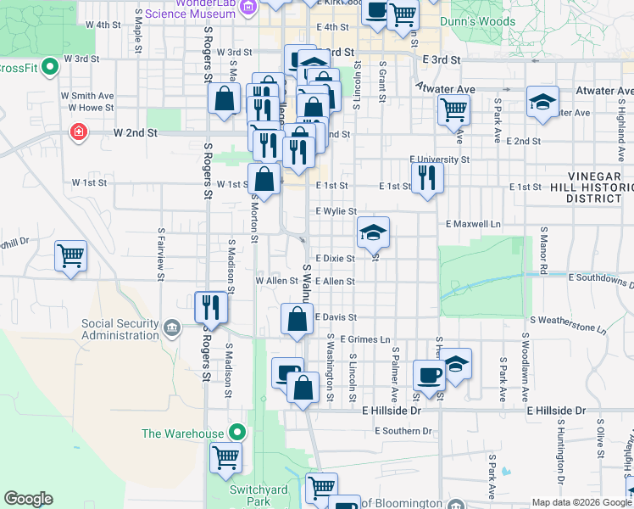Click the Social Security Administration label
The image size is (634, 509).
(120, 329)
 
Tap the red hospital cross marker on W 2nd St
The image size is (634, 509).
(78, 132)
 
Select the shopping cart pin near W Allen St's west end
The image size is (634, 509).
(70, 255)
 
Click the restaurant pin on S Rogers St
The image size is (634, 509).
(210, 307)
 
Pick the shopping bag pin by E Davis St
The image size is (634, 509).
(297, 321)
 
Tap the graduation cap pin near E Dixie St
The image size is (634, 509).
(372, 232)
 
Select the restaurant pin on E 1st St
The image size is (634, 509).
(426, 177)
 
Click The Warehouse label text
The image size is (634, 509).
(182, 433)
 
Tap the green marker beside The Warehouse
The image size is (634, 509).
(238, 433)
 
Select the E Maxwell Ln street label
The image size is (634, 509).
(473, 224)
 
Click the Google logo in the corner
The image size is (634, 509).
(29, 499)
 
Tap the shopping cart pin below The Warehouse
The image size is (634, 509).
(225, 458)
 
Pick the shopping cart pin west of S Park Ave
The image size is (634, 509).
(454, 109)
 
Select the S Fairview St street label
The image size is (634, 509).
(160, 253)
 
